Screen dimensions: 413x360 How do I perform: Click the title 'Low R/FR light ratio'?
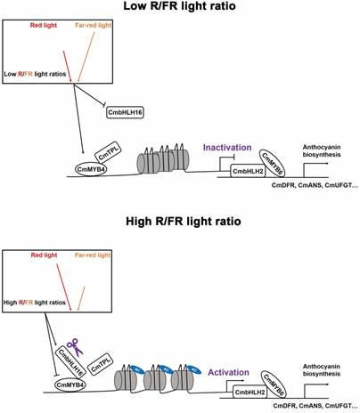coord(179,8)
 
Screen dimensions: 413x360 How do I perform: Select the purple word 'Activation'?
coord(228,363)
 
